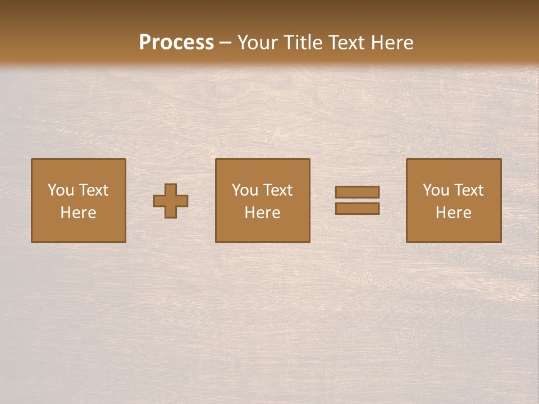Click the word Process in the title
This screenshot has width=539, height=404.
(x=176, y=43)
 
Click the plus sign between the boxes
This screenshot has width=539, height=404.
(x=171, y=201)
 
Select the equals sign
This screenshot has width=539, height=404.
(x=357, y=200)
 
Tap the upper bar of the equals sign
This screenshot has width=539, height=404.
(x=357, y=192)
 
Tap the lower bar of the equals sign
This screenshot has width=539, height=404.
(x=357, y=209)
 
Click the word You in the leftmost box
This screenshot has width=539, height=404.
(x=61, y=190)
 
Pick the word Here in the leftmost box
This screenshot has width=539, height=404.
(x=78, y=213)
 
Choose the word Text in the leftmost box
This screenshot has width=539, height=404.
(x=93, y=190)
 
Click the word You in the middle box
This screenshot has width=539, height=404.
(x=245, y=190)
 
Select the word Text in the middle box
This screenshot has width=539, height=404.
(x=277, y=190)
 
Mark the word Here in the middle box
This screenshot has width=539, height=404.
(x=262, y=213)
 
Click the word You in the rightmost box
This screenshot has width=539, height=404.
(x=436, y=190)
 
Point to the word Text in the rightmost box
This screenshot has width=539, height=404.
(x=468, y=190)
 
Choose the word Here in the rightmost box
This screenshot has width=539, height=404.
(x=453, y=213)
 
